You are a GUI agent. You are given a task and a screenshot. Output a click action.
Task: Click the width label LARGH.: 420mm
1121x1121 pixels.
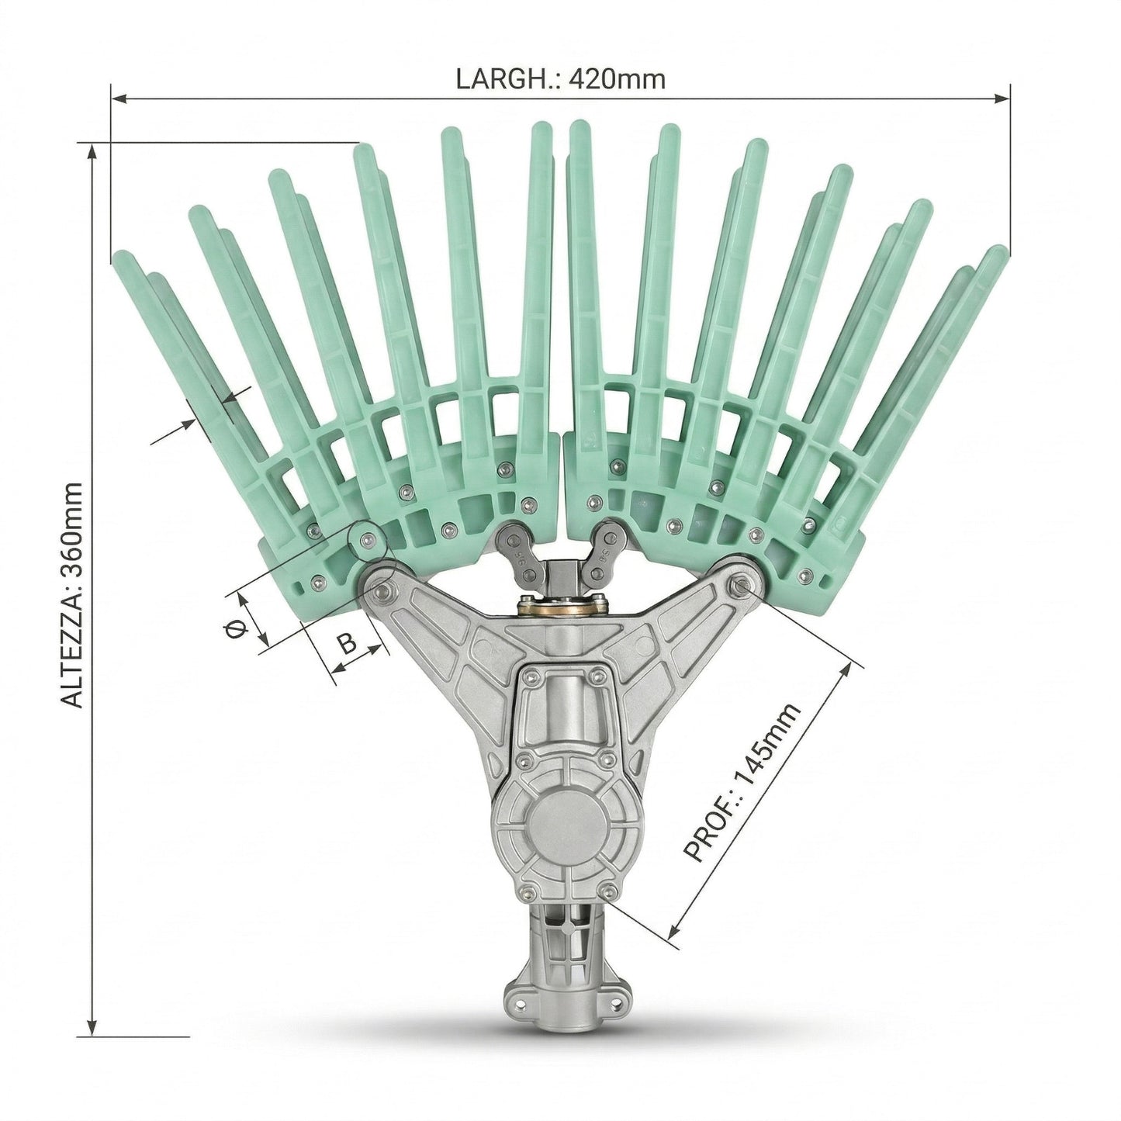(560, 80)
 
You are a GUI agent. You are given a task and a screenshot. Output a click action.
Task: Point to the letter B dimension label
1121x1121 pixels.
(348, 645)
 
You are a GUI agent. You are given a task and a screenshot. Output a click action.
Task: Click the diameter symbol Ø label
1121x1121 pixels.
(234, 629)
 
